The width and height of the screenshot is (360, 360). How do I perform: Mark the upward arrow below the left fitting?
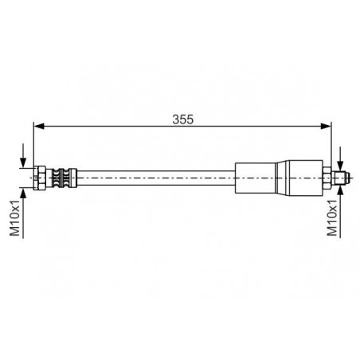pyautogui.click(x=24, y=191)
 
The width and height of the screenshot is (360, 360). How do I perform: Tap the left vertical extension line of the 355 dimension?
pyautogui.click(x=33, y=143)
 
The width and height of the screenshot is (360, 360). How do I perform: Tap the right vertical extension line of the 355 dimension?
pyautogui.click(x=331, y=143)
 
